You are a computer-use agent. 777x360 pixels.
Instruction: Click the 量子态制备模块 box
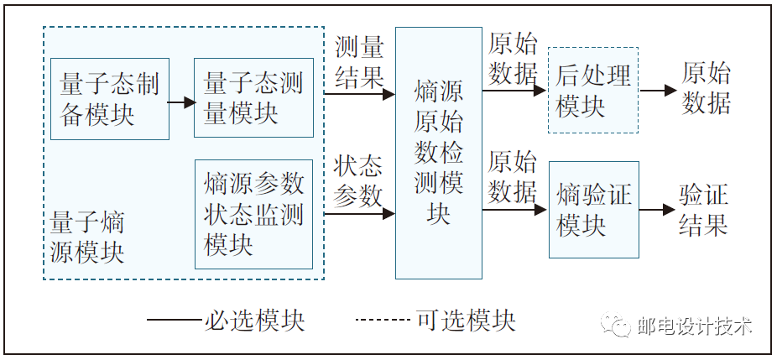[110, 98]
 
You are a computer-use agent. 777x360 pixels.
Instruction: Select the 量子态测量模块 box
[253, 98]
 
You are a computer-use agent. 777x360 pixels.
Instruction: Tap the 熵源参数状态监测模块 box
[253, 214]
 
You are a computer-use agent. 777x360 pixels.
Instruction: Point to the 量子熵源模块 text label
[87, 237]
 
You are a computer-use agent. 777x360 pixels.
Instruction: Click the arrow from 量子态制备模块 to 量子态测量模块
[181, 102]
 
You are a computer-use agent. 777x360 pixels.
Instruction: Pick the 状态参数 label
[359, 180]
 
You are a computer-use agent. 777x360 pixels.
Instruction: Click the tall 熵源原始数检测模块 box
[438, 153]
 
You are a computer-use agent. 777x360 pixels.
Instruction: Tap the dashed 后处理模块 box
[592, 91]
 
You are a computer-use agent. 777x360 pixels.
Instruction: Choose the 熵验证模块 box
[592, 211]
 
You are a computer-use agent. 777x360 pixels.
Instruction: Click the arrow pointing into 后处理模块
[514, 91]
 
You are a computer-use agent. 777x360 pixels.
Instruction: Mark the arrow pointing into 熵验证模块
[514, 210]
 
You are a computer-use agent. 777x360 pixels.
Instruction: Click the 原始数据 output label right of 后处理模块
[706, 88]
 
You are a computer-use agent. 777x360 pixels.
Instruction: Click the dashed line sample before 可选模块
[382, 320]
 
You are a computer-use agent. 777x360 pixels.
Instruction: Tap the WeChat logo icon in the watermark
[620, 326]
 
